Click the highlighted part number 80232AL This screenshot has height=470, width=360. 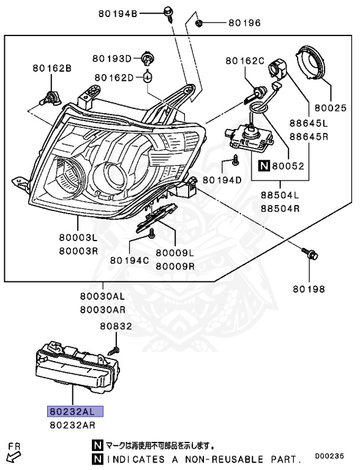point(75,411)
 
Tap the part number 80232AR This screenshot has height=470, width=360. point(73,425)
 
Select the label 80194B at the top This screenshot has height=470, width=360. point(118,13)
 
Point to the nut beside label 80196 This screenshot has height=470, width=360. point(198,23)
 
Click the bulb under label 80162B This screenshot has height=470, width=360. point(49,97)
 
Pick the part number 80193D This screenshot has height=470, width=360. point(112,58)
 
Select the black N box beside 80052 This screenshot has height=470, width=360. point(264,166)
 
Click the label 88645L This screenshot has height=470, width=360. point(309,123)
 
